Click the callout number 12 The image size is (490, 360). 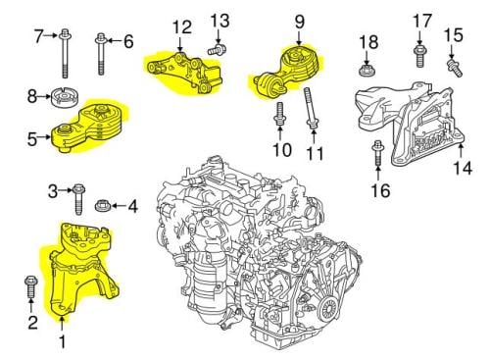pyautogui.click(x=182, y=26)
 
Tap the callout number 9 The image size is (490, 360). pyautogui.click(x=300, y=22)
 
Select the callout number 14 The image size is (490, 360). pyautogui.click(x=463, y=168)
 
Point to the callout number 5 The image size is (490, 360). pyautogui.click(x=32, y=139)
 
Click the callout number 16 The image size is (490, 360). pyautogui.click(x=380, y=190)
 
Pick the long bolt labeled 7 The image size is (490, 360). pyautogui.click(x=65, y=54)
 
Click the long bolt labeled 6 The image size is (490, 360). pyautogui.click(x=101, y=54)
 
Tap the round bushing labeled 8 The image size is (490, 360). pyautogui.click(x=65, y=97)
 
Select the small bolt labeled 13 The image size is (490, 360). pyautogui.click(x=218, y=49)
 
